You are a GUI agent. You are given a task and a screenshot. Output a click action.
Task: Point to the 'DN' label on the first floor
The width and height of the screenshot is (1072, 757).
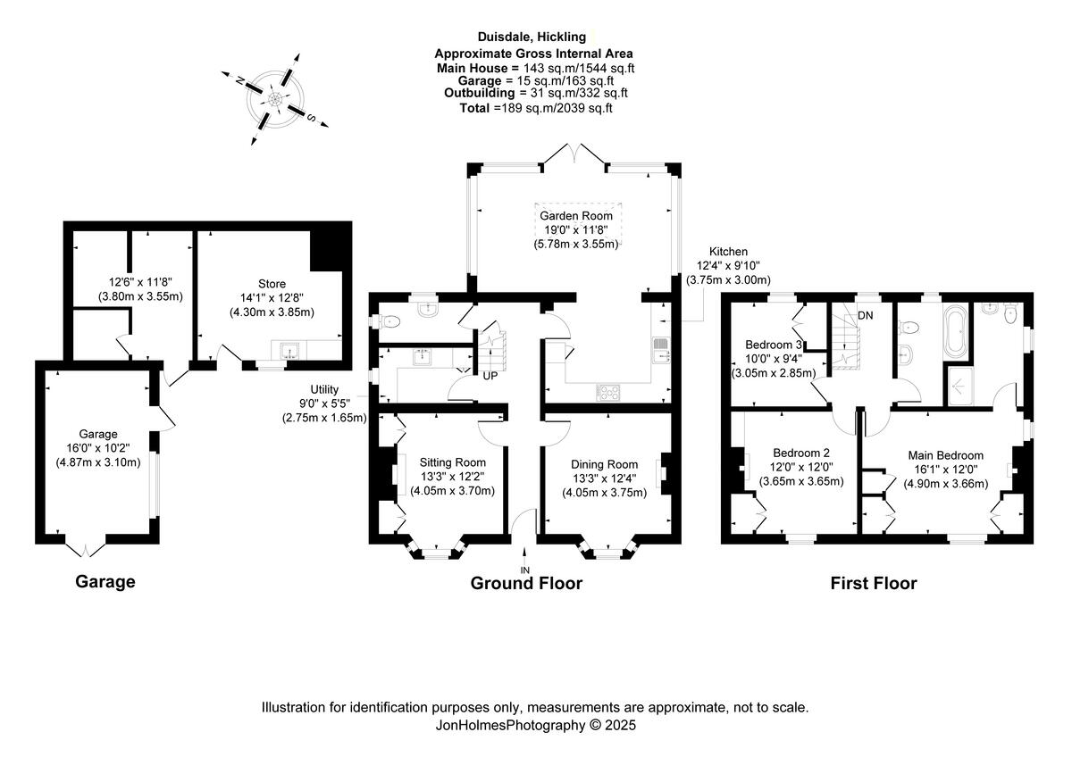click(865, 316)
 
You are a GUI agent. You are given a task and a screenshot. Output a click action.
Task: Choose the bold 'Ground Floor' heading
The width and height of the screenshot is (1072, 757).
click(526, 584)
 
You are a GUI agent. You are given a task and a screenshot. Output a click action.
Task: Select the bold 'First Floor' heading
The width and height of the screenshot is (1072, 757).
click(873, 584)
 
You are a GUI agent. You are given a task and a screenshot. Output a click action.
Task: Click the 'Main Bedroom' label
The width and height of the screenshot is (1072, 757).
click(945, 455)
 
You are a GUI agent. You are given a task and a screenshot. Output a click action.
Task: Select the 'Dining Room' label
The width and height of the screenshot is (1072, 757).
click(605, 464)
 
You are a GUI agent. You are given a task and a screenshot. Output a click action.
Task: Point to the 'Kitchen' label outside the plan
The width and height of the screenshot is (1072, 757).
click(728, 252)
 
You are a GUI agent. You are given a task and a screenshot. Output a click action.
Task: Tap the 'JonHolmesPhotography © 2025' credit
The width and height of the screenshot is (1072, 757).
click(534, 726)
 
